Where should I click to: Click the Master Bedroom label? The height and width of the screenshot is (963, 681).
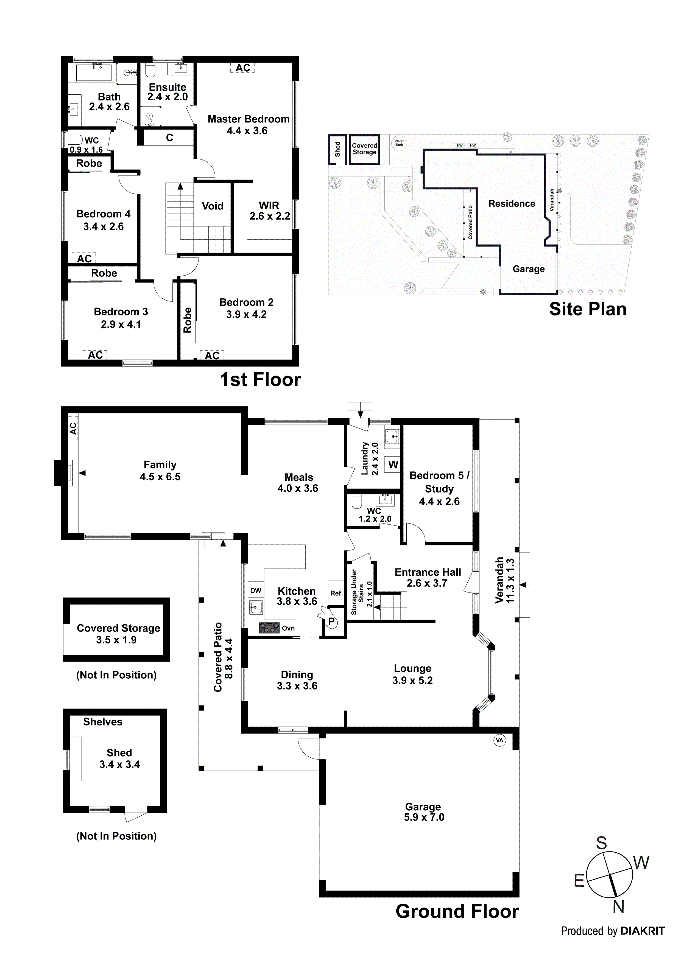(249, 119)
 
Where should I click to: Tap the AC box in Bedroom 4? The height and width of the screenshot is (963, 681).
(84, 258)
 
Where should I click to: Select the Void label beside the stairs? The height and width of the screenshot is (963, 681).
(212, 206)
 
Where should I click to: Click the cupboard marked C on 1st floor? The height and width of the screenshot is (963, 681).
(169, 138)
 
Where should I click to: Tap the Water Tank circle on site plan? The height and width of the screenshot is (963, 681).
(399, 143)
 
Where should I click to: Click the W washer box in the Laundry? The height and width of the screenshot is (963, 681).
(393, 464)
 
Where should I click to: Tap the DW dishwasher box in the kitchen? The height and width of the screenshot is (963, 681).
(256, 590)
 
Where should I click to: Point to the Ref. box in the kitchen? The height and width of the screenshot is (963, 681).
(336, 593)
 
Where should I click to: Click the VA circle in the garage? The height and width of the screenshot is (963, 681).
(499, 740)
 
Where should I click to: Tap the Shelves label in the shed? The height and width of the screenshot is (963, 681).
(103, 722)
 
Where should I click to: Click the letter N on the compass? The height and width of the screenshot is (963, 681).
(618, 908)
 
